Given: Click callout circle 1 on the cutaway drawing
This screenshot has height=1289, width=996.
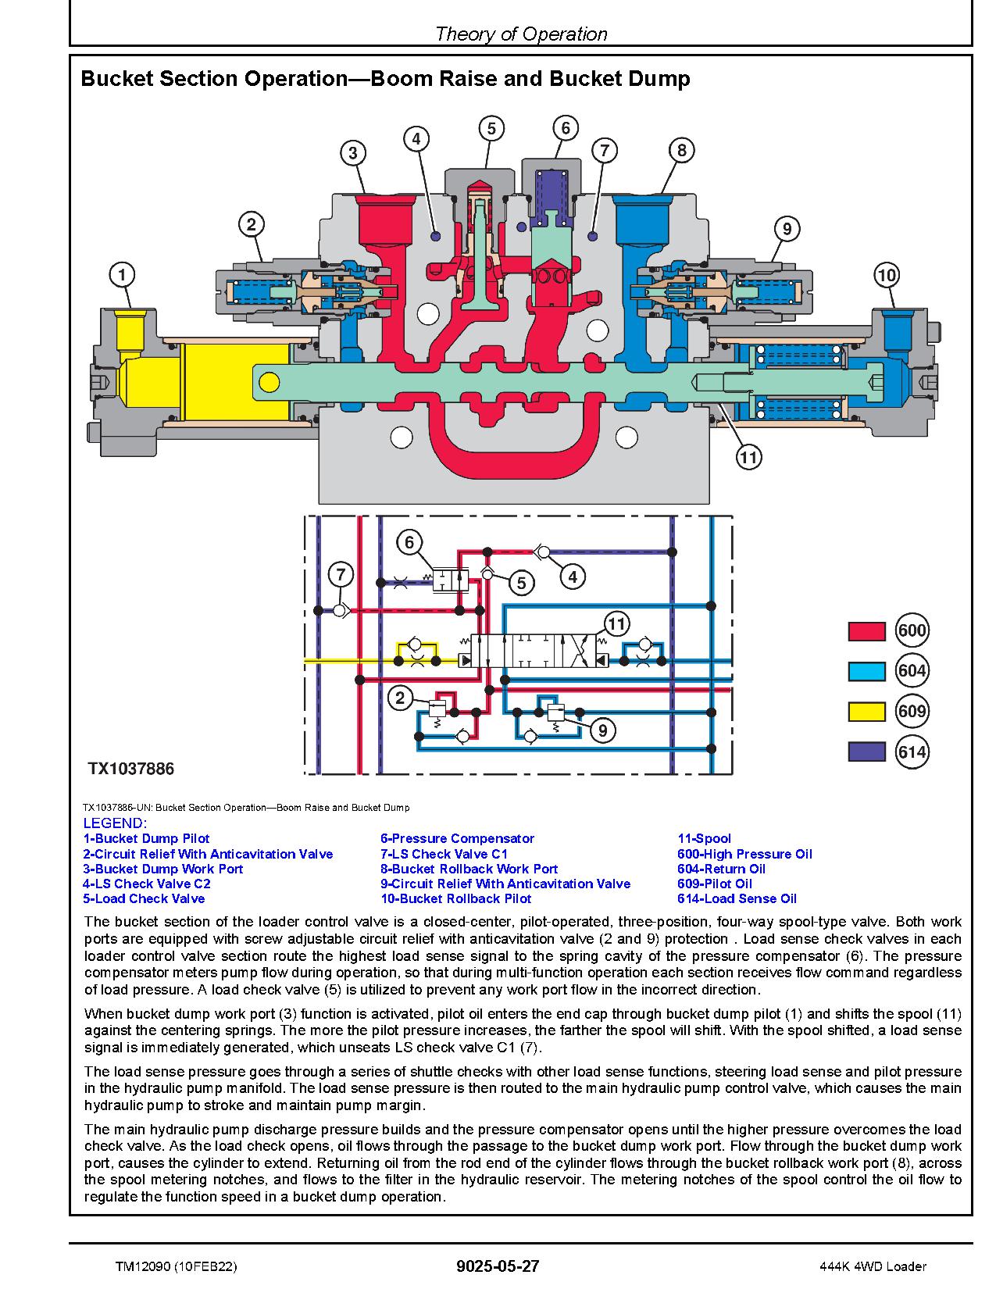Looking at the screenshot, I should tap(121, 275).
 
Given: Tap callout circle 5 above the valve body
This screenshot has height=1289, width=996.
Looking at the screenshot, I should tap(491, 128).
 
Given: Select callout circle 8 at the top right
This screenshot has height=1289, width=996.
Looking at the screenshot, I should tap(681, 150).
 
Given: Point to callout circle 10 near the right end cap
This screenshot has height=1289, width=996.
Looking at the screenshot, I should tap(886, 275).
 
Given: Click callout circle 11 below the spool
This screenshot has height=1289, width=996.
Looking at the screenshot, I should tap(748, 457).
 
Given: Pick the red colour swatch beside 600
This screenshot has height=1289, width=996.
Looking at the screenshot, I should tap(866, 631).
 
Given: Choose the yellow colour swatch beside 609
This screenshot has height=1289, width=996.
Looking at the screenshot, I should tap(866, 712).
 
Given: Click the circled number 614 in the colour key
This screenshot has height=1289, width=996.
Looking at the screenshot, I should tap(912, 752).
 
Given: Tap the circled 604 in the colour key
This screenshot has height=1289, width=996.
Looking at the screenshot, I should tap(912, 671).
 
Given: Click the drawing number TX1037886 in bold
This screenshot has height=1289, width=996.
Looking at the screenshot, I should tap(130, 769).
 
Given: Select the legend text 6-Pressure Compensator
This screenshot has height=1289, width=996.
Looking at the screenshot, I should tap(457, 838).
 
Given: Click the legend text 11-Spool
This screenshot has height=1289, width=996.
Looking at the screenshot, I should tap(704, 838).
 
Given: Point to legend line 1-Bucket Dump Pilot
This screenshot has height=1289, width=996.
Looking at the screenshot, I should tap(146, 838).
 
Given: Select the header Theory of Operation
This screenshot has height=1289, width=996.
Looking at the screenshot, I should tap(520, 34).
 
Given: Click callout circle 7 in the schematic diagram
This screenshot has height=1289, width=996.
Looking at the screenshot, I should tap(341, 575).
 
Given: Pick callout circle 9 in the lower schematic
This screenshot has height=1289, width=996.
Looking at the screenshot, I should tap(602, 730).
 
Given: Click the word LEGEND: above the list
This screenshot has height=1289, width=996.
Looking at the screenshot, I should tap(115, 823).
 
